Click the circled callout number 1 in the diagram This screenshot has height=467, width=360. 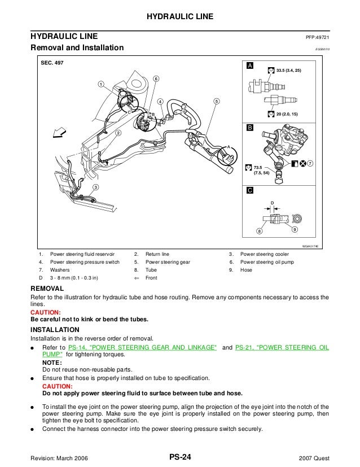pos(100,85)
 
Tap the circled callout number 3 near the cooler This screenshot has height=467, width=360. pos(95,187)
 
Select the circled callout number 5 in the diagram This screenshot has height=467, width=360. pos(216,101)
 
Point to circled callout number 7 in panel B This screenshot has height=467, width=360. pos(309,163)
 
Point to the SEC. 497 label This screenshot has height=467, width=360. pos(52,63)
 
